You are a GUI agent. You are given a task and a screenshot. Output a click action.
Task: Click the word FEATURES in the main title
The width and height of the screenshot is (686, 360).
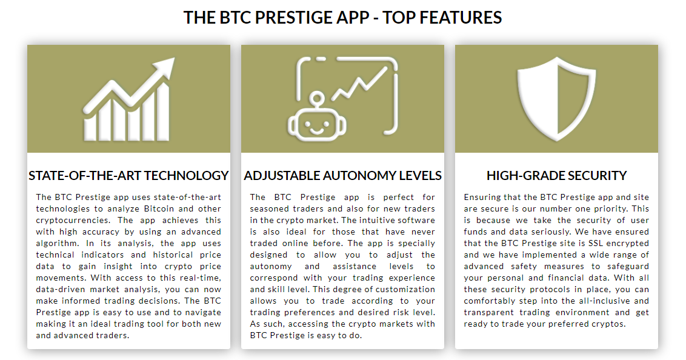click(461, 18)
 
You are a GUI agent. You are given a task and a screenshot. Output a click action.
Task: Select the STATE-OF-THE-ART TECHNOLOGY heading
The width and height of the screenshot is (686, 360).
click(128, 175)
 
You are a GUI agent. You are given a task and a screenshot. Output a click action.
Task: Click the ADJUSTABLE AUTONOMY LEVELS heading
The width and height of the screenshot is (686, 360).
click(342, 175)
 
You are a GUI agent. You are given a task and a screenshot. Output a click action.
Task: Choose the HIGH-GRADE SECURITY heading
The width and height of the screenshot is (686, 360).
click(556, 175)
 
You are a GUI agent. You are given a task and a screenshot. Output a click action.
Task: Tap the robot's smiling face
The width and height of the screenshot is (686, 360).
click(317, 125)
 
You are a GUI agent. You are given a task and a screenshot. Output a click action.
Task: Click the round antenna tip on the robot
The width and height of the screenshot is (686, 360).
click(318, 98)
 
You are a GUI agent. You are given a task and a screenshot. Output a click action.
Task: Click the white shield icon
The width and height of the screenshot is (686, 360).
click(556, 99)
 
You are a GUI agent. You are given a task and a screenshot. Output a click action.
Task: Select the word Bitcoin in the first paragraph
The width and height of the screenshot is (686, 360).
click(159, 208)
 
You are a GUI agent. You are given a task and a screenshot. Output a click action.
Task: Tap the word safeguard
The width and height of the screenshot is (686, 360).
click(628, 267)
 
